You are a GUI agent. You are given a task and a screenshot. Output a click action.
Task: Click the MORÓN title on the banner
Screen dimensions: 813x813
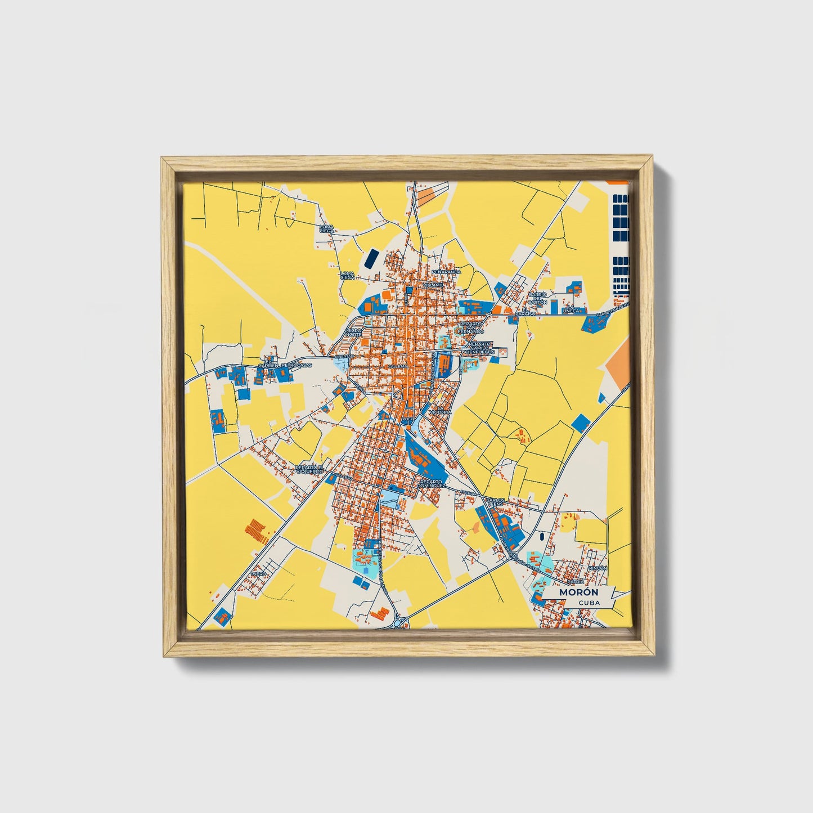(x=578, y=592)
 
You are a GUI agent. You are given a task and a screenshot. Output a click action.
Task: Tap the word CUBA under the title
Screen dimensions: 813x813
(x=589, y=603)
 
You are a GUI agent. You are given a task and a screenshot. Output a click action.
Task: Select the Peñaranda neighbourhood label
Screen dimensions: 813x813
(x=446, y=272)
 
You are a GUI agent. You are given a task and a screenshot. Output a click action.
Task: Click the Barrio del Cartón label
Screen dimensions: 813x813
(x=537, y=298)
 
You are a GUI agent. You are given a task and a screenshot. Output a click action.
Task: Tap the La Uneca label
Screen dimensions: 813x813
(x=571, y=308)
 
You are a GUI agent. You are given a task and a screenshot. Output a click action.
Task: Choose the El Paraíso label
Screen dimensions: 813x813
(x=528, y=311)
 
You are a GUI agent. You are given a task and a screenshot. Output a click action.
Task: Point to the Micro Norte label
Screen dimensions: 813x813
(x=354, y=333)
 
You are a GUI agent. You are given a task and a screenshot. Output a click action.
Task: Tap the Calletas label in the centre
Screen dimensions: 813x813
(x=397, y=366)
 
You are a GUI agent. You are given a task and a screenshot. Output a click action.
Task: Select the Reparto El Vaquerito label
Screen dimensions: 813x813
(x=311, y=469)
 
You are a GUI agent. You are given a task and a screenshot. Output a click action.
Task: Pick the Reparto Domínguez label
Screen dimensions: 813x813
(x=432, y=483)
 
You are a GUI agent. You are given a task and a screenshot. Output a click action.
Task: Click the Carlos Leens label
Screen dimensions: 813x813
(x=495, y=501)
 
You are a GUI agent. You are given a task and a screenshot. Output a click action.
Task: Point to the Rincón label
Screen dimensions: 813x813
(x=598, y=568)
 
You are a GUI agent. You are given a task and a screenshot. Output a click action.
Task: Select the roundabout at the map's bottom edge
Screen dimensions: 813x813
(x=401, y=622)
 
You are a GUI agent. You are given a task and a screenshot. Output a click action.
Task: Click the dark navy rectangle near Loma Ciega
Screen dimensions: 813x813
(x=371, y=258)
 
